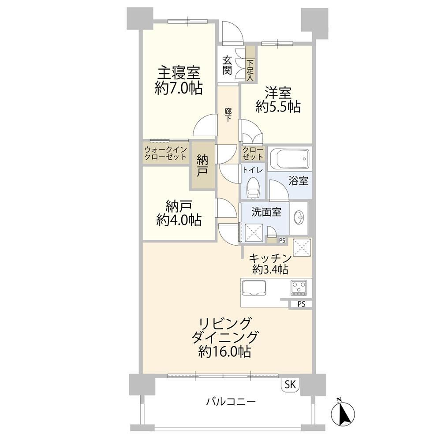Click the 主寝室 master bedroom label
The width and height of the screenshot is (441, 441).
[x=178, y=73]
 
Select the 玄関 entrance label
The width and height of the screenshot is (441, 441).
[x=227, y=65]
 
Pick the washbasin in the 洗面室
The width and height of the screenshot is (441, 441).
[x=299, y=218]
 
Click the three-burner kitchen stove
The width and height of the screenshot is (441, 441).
[x=299, y=288]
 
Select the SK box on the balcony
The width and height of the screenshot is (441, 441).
[x=290, y=385]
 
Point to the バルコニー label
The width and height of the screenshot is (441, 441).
[x=231, y=401]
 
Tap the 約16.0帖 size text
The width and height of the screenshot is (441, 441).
[x=224, y=352]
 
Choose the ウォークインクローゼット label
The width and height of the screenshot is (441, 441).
[x=165, y=153]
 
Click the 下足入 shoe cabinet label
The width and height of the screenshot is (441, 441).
[x=250, y=70]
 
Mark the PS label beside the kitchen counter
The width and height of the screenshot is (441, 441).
[x=301, y=304]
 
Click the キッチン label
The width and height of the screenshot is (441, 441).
[x=269, y=258]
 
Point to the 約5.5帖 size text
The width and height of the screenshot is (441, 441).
[x=278, y=107]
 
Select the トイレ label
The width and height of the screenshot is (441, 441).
[x=253, y=170]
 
